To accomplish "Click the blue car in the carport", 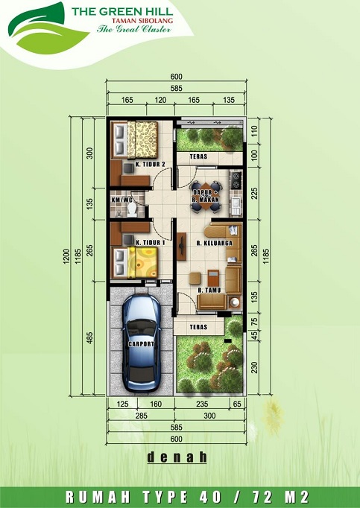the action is pos(142,343).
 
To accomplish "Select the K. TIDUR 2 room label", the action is pos(150,165).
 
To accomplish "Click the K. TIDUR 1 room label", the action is pos(150,242).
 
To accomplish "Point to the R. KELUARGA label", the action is pos(215,243).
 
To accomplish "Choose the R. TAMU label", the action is pos(209,290).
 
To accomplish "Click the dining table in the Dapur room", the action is pos(206,197).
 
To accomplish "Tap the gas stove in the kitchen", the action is pos(236,180).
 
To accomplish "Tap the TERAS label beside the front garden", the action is pos(198,327).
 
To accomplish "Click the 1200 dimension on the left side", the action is pos(66,256).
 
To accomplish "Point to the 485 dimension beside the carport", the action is pos(90,337).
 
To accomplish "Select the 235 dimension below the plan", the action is pos(202,404).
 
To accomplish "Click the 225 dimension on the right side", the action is pos(255,194).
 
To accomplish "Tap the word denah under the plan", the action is pos(177,457).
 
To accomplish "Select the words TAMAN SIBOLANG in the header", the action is pos(142,21).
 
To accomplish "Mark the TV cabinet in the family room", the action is pos(182,247).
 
